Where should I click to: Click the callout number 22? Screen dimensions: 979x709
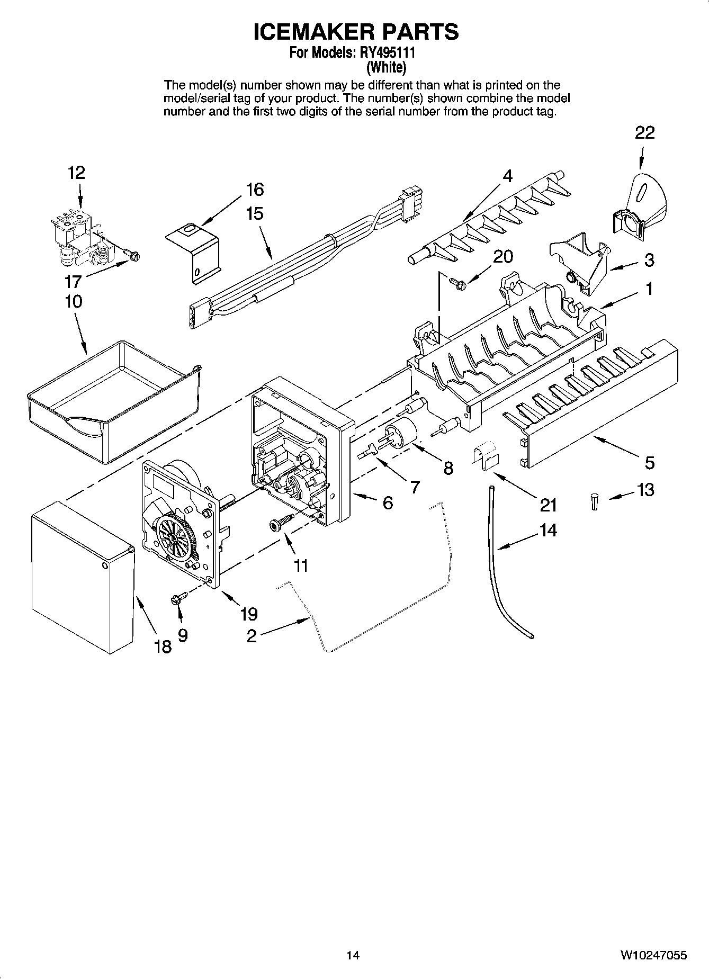click(644, 132)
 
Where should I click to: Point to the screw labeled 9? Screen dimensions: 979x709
click(177, 599)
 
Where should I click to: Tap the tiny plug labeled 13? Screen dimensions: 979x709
click(594, 501)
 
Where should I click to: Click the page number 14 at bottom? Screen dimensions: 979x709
click(353, 955)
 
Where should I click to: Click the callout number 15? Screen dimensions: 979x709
click(254, 213)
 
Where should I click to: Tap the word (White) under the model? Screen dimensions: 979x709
click(387, 68)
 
